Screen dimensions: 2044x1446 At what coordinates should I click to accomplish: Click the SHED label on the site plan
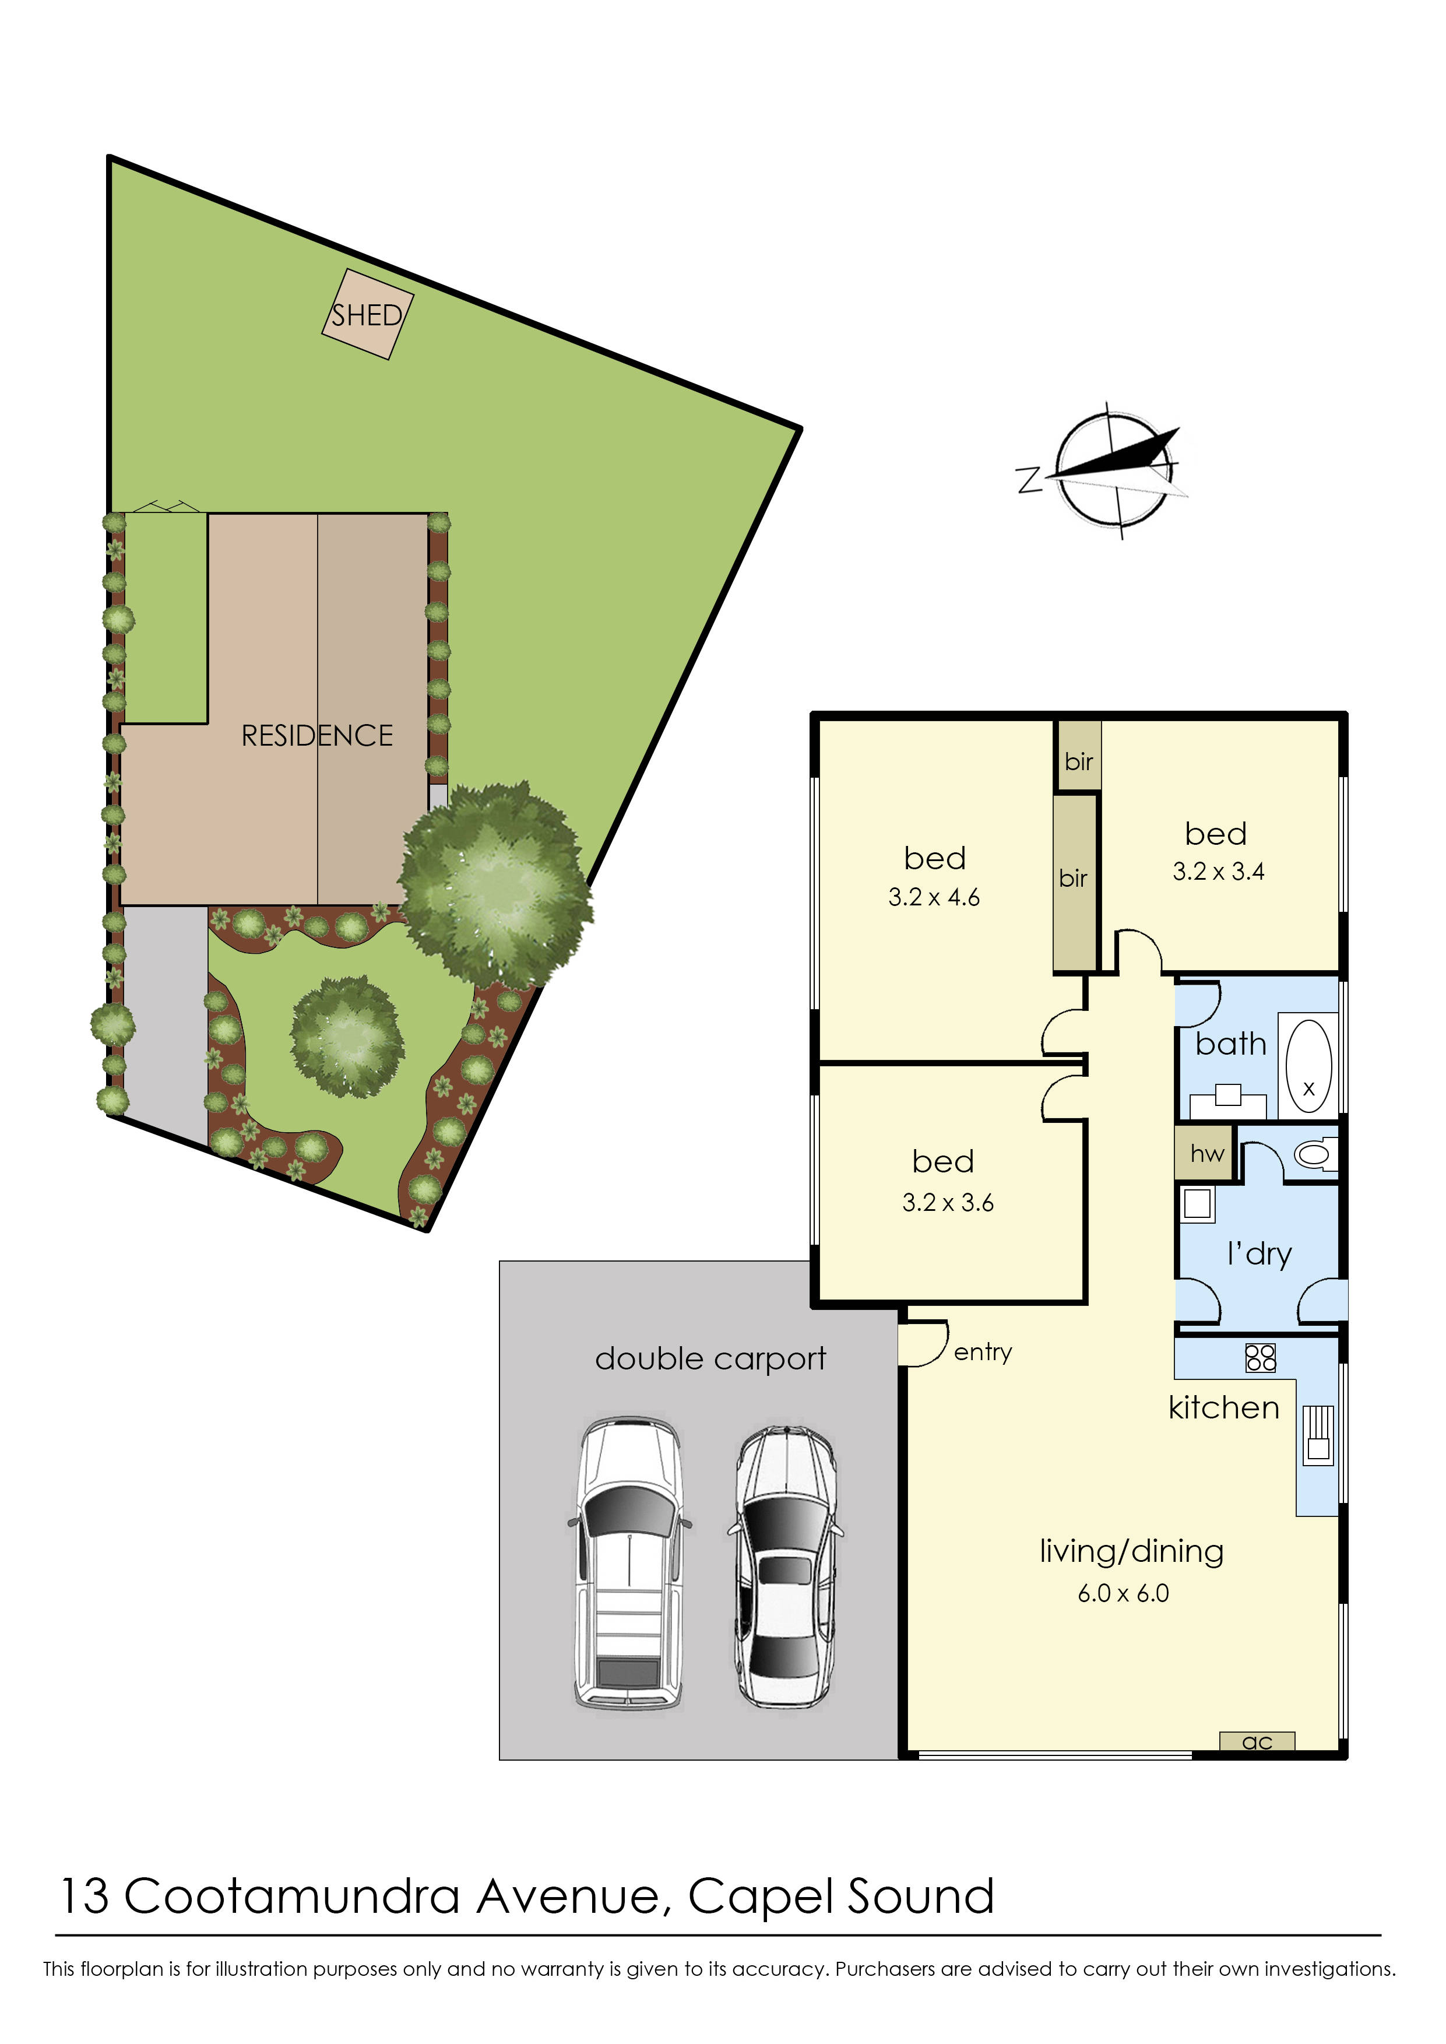367,315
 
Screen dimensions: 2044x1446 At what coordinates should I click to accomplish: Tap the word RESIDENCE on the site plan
317,736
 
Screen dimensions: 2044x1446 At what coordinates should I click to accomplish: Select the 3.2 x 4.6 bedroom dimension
934,898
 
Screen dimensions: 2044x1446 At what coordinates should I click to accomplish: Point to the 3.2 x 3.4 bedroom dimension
1218,872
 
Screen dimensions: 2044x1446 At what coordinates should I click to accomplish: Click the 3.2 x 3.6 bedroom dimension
947,1203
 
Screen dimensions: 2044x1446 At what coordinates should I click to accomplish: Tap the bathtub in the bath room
1308,1066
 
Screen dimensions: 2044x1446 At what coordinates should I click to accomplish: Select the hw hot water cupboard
1206,1154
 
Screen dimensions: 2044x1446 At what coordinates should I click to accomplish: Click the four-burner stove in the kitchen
1261,1357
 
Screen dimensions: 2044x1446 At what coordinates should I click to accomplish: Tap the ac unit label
1257,1741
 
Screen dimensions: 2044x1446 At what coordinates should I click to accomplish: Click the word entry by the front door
983,1353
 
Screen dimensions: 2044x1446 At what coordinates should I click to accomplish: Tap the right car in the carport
785,1566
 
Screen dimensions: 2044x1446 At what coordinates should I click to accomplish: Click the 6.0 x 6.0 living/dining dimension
1123,1593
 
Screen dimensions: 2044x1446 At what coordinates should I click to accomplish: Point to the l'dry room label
1259,1254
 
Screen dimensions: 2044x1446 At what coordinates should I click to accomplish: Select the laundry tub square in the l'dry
1198,1204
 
